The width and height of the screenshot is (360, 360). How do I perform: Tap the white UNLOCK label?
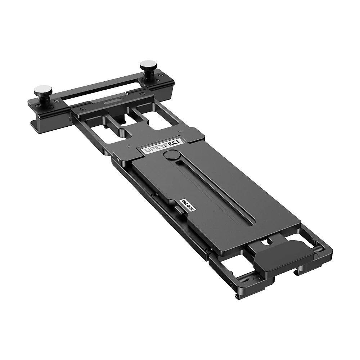pyautogui.click(x=187, y=207)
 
